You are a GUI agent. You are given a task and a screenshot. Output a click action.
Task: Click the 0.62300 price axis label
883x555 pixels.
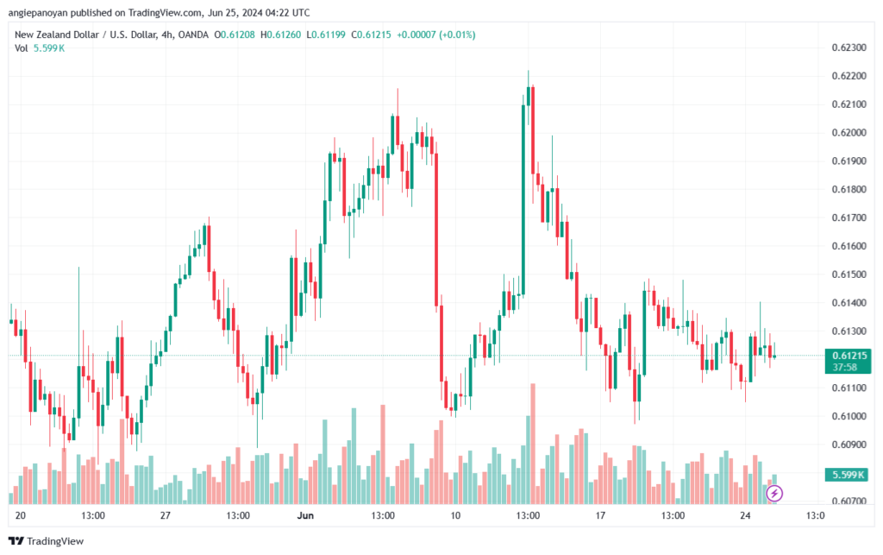847,47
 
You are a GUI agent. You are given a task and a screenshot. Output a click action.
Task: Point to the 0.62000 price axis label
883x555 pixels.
847,133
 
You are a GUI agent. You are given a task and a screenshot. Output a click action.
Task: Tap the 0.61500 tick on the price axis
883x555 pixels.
847,274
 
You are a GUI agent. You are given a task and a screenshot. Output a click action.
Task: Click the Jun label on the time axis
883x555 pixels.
305,516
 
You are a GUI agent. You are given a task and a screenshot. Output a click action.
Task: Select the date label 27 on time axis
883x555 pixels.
166,516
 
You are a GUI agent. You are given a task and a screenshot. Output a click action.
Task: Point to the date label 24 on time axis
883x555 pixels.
746,516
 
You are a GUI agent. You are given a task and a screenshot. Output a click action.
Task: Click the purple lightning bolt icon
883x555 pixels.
774,493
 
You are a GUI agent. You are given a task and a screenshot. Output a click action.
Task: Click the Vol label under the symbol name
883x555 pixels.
22,47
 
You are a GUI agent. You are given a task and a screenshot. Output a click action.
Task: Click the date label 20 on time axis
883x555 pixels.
22,516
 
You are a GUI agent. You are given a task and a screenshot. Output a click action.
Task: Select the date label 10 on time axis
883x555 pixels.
455,516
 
